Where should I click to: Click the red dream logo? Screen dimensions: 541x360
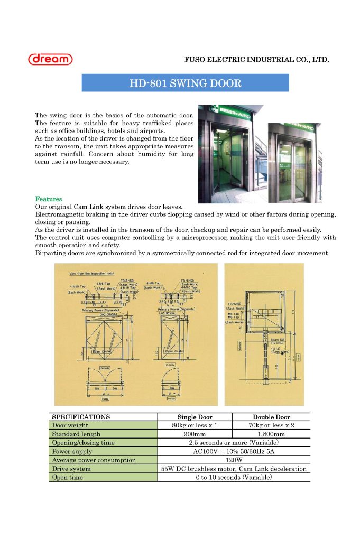(x=50, y=59)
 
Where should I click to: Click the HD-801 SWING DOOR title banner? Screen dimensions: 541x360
(x=185, y=83)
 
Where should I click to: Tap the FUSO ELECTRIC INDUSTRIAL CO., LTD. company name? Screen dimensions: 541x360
(x=256, y=60)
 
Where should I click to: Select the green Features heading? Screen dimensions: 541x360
(x=49, y=199)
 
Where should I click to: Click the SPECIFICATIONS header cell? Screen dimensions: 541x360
(x=81, y=417)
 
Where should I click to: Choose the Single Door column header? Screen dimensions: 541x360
(x=195, y=417)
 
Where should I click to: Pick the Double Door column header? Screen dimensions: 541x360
(x=271, y=417)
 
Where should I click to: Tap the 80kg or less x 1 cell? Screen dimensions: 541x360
(x=195, y=425)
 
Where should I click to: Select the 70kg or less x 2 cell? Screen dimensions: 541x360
(x=271, y=425)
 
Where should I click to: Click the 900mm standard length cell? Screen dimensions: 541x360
(x=195, y=434)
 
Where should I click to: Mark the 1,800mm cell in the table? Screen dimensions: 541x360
(x=271, y=434)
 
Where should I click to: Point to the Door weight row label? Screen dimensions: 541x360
(x=70, y=425)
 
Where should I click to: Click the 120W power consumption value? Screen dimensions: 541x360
(x=234, y=460)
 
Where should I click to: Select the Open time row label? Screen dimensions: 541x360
(x=68, y=477)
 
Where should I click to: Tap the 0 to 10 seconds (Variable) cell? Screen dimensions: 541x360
(x=234, y=477)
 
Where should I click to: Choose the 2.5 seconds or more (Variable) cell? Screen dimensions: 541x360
(x=234, y=443)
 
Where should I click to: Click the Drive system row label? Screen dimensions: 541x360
(x=71, y=469)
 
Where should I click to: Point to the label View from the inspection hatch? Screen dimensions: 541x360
(x=92, y=274)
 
